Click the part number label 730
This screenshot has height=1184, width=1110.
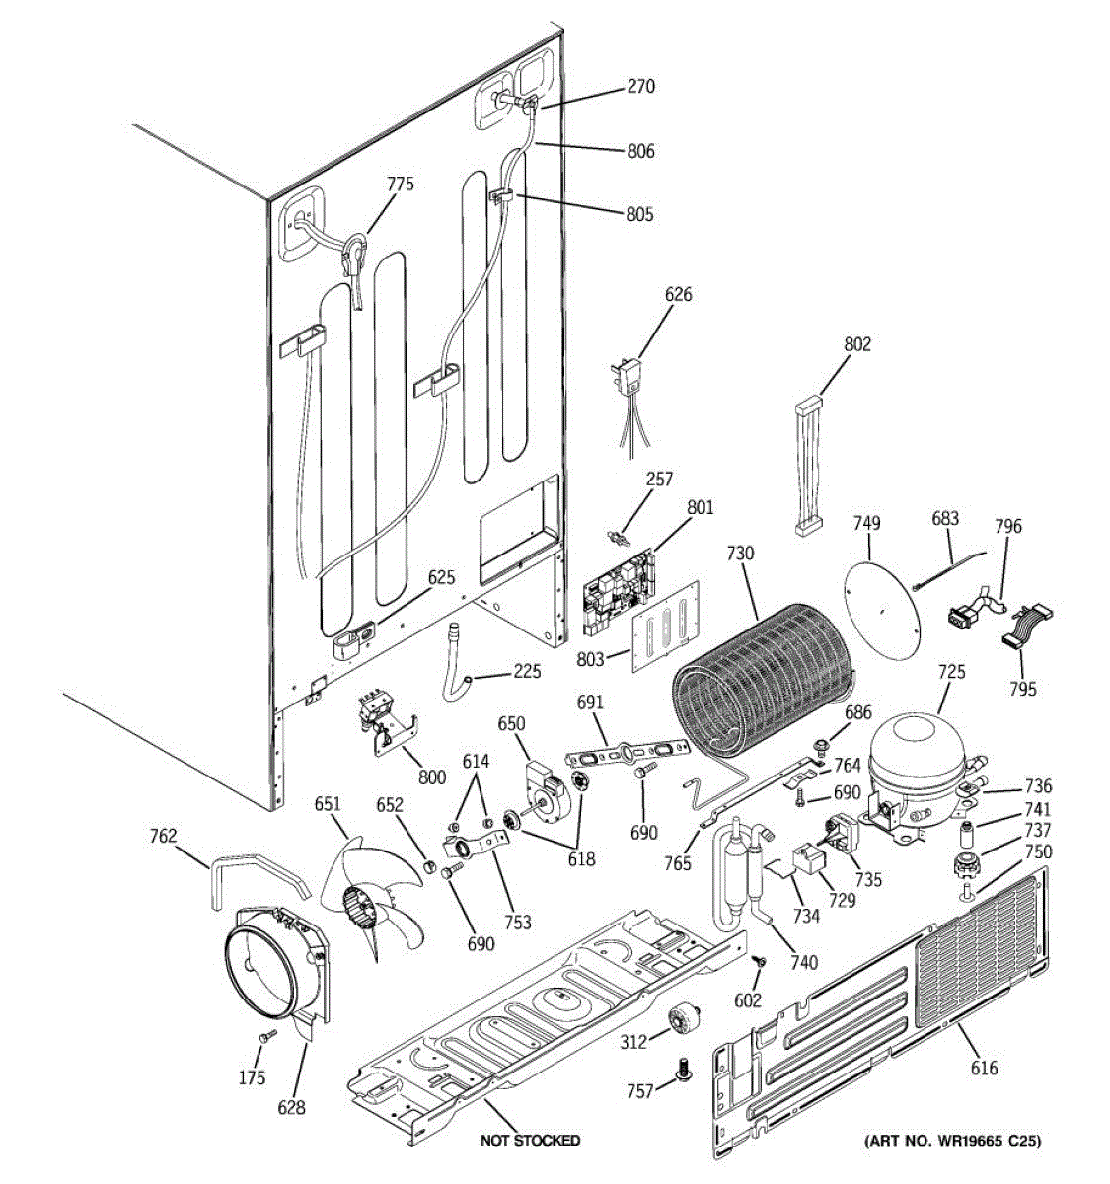click(x=740, y=554)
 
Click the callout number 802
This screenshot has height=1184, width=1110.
click(x=857, y=344)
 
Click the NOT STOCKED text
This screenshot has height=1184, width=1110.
click(x=530, y=1141)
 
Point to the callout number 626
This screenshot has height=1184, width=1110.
click(x=678, y=294)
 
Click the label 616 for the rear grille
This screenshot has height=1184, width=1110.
click(x=984, y=1068)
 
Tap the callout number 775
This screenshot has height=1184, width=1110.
click(x=400, y=184)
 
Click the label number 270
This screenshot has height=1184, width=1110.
click(x=640, y=87)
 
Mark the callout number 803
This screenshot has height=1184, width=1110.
click(x=590, y=659)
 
